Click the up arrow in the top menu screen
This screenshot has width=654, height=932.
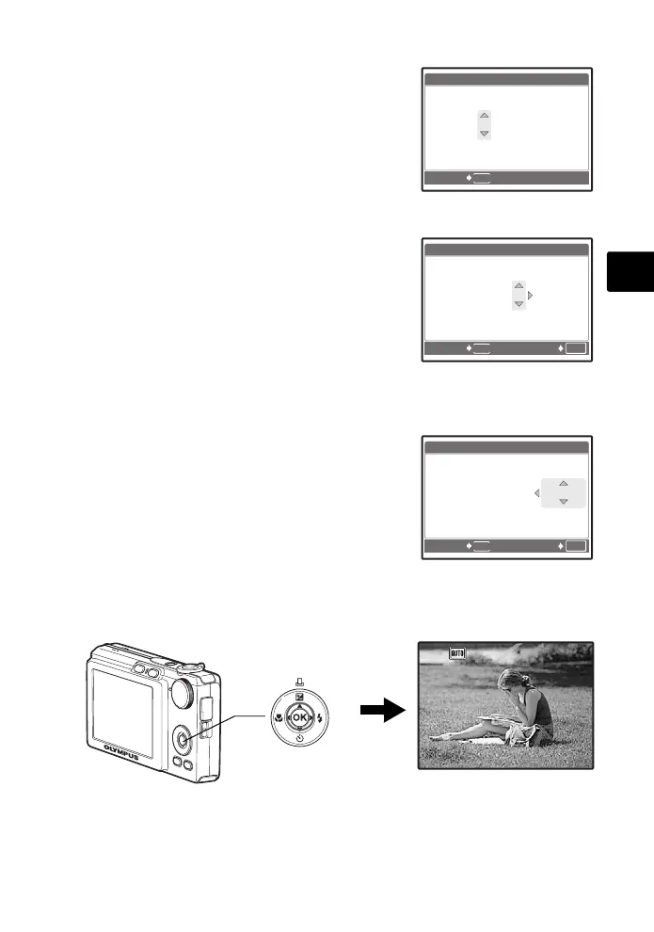click(484, 115)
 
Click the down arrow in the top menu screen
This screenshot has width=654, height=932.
click(484, 134)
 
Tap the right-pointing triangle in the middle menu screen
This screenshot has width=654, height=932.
click(531, 296)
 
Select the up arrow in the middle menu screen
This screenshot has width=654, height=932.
click(518, 285)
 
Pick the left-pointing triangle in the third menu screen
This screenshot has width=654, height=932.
click(536, 492)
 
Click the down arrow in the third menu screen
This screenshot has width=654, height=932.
click(563, 502)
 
